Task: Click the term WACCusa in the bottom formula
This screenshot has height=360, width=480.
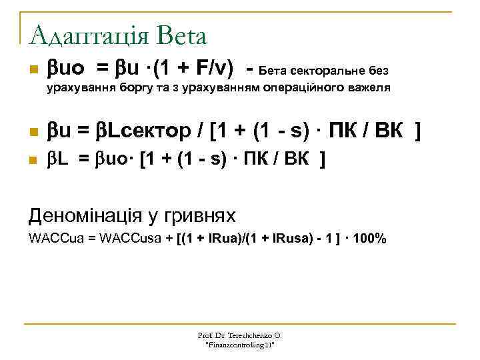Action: pos(131,239)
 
